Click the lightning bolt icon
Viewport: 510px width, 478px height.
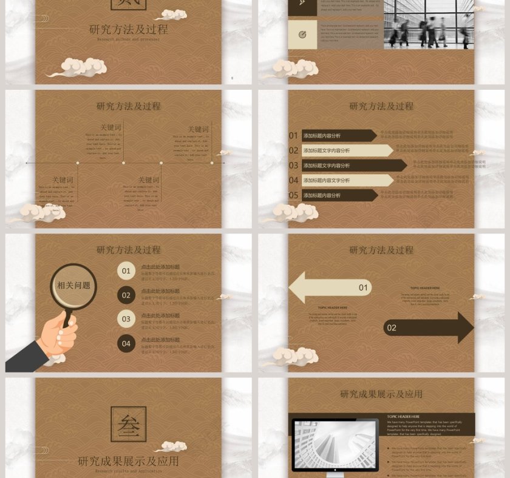(302, 4)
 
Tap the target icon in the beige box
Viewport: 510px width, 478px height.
(302, 35)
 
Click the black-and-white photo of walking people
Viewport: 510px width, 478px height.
(428, 24)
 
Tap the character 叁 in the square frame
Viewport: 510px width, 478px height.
(128, 425)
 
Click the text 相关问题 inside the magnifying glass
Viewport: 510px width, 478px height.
(73, 286)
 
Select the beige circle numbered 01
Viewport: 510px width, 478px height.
(126, 271)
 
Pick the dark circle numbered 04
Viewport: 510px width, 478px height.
(126, 344)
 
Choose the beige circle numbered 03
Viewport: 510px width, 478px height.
(126, 319)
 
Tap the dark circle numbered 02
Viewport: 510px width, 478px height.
(126, 295)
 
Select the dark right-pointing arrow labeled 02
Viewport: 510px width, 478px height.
(429, 328)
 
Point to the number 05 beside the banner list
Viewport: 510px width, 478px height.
(293, 195)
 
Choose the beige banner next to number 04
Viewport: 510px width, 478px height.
(347, 180)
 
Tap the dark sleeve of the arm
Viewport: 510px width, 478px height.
(24, 357)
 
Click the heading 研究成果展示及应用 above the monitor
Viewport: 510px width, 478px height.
(381, 394)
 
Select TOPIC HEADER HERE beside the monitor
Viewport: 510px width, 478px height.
(403, 417)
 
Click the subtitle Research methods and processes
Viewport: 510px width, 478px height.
(127, 39)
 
